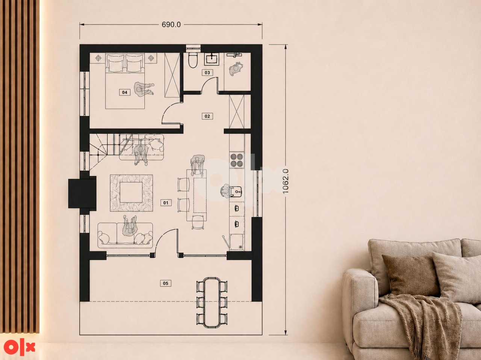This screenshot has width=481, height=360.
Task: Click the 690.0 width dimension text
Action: point(171,24)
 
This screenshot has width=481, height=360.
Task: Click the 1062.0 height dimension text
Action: point(285,181)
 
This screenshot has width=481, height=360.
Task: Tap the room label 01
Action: point(166,203)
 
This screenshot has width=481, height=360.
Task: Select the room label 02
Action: point(207,116)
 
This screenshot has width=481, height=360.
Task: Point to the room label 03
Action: point(207,73)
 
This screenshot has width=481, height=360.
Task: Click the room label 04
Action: point(124,92)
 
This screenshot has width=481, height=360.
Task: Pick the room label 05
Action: point(165,283)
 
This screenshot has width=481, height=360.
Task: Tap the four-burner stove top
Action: point(237,160)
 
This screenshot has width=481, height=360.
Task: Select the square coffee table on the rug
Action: point(131,192)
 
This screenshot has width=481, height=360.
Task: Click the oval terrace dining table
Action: point(212,303)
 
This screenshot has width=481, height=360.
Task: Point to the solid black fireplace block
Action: point(82,194)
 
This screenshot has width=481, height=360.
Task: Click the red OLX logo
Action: point(19,347)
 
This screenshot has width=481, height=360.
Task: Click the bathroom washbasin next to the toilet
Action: point(212,59)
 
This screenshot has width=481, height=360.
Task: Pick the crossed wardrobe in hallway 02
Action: point(237,112)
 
